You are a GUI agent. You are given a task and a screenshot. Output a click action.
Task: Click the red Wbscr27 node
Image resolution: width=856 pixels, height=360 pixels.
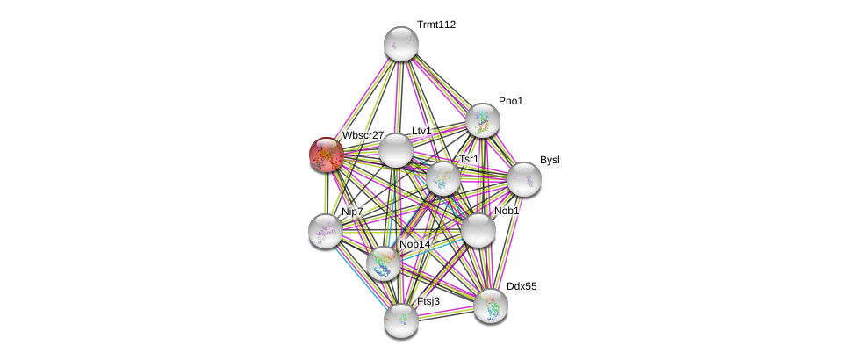point(327,155)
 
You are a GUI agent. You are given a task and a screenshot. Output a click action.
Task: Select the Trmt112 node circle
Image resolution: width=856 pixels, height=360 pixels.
point(401,44)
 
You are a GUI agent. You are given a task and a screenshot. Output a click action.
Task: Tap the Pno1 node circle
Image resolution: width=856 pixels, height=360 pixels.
point(482,120)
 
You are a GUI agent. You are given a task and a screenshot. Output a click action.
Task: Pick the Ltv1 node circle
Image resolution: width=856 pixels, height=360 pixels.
point(396,150)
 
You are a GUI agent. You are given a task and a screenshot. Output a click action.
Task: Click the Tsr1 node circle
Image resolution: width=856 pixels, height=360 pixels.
point(443,177)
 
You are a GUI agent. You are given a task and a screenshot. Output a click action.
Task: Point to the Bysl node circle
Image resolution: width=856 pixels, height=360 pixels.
point(524,179)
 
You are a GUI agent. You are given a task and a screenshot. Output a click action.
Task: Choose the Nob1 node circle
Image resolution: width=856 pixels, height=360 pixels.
point(478,230)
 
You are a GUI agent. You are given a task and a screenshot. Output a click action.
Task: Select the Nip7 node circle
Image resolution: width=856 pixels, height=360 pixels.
point(326,231)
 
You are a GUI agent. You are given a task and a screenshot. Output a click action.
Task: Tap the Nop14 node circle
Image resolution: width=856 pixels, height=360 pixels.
point(384,263)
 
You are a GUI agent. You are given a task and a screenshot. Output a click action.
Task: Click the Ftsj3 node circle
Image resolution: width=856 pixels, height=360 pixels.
point(401,320)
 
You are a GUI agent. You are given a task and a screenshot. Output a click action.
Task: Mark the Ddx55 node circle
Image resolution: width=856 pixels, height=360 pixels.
point(491,306)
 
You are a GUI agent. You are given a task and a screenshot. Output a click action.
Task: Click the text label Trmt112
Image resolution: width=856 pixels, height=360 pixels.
point(436,25)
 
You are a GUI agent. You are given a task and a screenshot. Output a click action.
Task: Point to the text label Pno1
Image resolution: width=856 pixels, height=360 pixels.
point(511,101)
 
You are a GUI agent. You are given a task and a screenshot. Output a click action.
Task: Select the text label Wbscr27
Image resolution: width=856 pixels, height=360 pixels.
point(363,135)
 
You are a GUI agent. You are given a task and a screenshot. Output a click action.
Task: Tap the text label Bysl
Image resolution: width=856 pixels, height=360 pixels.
point(550,160)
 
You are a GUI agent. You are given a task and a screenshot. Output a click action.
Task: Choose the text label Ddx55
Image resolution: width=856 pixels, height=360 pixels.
point(522,286)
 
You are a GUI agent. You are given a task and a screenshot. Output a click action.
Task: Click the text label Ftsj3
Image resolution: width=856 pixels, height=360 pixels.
point(428,301)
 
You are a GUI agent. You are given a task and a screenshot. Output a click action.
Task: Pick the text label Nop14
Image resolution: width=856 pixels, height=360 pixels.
point(415,244)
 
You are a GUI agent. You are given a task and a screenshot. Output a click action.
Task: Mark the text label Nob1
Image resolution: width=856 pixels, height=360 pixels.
point(507,211)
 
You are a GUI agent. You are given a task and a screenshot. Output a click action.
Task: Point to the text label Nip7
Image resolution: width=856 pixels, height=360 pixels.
point(352,212)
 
